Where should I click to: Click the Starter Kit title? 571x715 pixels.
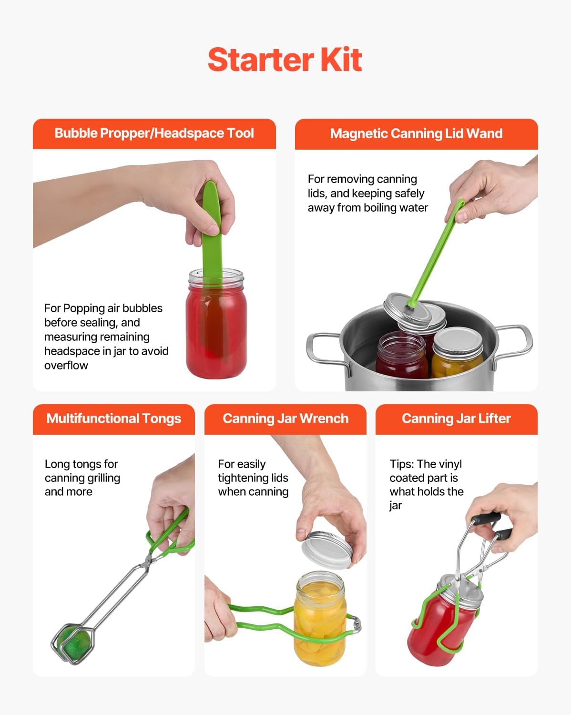pos(285,60)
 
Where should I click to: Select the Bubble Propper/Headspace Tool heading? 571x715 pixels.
pos(154,133)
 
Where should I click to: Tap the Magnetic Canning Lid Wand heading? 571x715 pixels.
pos(416,133)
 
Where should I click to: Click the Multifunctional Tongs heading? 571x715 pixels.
pos(113,419)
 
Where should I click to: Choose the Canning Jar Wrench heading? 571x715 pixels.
pos(285,419)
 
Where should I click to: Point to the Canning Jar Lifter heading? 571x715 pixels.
pos(456,419)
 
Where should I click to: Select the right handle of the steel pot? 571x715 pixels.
pos(517,341)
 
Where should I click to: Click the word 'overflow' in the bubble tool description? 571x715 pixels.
pos(66,366)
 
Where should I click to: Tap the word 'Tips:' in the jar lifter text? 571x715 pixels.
pos(402,464)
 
